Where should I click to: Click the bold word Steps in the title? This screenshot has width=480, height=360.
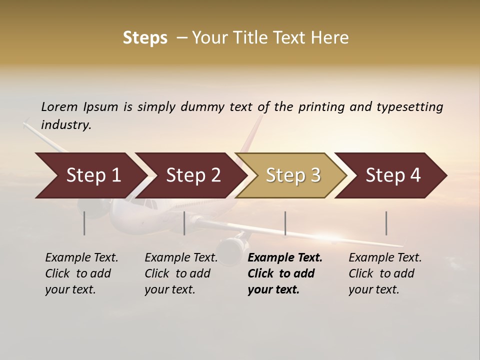(145, 38)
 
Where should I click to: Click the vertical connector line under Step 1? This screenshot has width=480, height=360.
(84, 223)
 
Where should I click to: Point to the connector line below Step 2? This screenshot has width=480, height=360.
(184, 223)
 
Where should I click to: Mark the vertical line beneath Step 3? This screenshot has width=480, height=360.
(285, 223)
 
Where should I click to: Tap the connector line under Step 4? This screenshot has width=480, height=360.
(386, 223)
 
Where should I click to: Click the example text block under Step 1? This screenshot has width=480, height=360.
(81, 273)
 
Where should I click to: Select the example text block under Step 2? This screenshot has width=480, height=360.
(181, 273)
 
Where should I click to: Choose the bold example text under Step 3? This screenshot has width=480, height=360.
(285, 273)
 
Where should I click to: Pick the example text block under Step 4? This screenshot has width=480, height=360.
(385, 273)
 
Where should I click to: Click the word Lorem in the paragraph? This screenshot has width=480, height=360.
(59, 107)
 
